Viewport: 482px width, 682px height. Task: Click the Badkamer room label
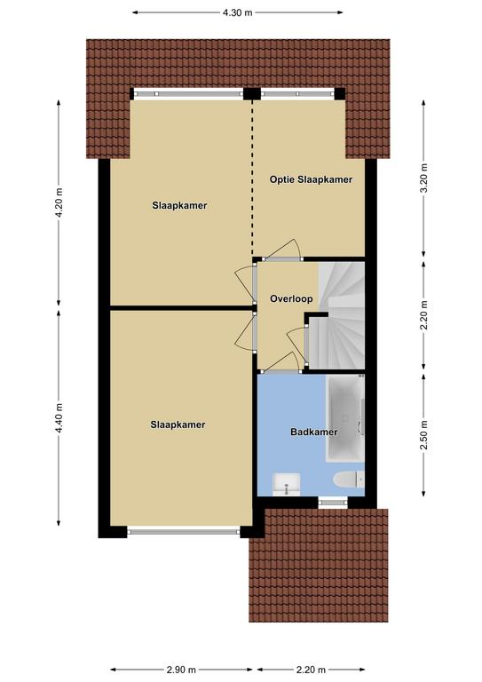[314, 432]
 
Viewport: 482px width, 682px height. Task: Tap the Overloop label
[291, 298]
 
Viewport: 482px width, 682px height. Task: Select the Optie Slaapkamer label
[311, 179]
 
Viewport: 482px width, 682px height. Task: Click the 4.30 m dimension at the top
[237, 12]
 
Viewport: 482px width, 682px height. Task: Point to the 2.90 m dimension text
[181, 670]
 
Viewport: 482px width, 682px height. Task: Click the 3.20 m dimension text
[424, 178]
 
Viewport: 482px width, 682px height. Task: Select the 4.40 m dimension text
[59, 417]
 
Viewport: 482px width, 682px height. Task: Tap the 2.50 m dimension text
[424, 434]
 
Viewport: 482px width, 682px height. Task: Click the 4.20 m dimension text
[59, 203]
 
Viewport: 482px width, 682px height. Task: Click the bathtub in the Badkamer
[345, 418]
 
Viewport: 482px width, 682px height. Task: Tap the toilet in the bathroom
[349, 480]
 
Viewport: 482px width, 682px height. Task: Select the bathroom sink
[286, 484]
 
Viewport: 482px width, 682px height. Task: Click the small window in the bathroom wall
[333, 503]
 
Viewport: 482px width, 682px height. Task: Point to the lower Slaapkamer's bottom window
[184, 531]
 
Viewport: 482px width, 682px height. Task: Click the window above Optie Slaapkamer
[297, 93]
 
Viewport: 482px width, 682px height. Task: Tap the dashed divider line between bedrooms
[252, 178]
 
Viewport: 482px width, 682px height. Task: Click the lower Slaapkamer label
[178, 424]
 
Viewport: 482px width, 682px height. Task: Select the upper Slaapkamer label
[179, 205]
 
